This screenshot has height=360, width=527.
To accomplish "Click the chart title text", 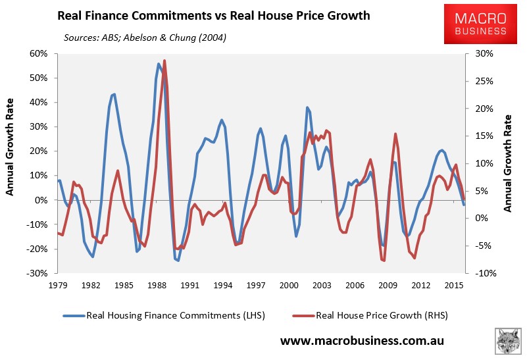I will click(x=213, y=15).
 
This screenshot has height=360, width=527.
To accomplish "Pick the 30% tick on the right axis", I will click(x=481, y=53).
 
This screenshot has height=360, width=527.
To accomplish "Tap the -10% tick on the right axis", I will click(x=481, y=273).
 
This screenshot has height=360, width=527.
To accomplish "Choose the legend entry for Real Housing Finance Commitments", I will click(x=164, y=315).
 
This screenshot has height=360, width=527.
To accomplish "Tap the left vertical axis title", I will click(x=11, y=163).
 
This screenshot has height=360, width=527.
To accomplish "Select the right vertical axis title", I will click(x=509, y=163).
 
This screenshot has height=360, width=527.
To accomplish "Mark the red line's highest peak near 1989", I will click(x=164, y=61).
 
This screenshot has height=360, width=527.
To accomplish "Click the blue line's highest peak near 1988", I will click(x=159, y=64).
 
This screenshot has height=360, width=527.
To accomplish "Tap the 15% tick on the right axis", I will click(x=481, y=136).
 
